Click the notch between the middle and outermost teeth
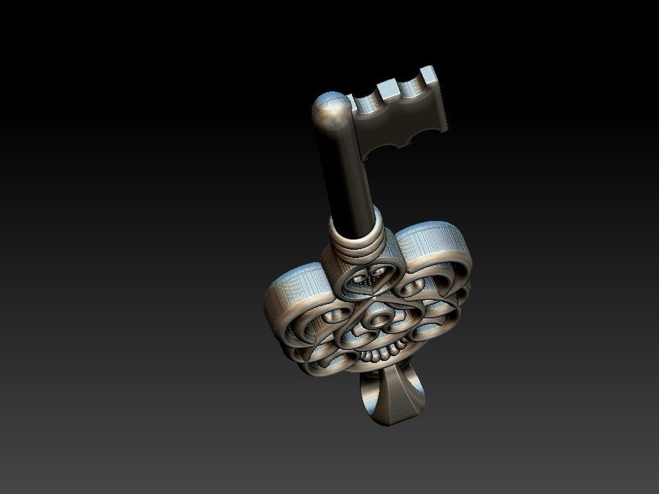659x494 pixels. [x=411, y=86]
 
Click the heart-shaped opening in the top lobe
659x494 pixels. [x=369, y=277]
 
